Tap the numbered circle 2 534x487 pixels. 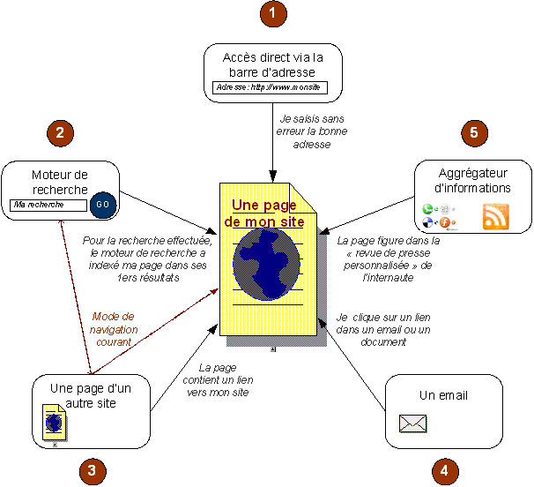(x=59, y=134)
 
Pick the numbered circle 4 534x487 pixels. (x=444, y=470)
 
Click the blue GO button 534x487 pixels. (x=103, y=205)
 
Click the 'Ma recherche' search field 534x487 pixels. (x=48, y=206)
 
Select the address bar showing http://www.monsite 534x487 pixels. (x=270, y=89)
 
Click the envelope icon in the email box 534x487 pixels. (x=413, y=424)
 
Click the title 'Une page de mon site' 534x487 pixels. (x=263, y=213)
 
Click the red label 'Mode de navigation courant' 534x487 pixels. (x=114, y=330)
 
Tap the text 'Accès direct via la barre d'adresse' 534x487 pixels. (x=269, y=65)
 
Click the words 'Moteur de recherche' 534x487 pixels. (x=59, y=182)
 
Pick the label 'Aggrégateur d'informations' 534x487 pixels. (x=474, y=180)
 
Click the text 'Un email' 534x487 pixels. (x=443, y=394)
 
